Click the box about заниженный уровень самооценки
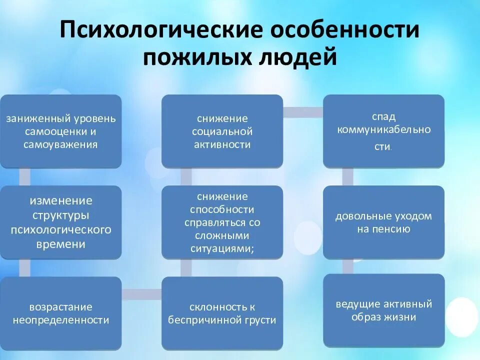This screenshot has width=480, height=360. [x=61, y=131]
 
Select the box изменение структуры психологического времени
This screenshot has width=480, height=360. [x=61, y=222]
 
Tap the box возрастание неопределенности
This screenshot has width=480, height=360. [x=61, y=313]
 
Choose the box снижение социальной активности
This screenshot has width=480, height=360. [x=222, y=131]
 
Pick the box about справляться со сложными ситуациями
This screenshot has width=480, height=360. [x=222, y=222]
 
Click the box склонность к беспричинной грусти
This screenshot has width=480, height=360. [x=222, y=313]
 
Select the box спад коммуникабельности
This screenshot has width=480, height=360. [x=383, y=131]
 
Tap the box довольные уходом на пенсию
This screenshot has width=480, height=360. [x=383, y=222]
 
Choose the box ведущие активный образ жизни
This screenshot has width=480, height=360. [x=383, y=310]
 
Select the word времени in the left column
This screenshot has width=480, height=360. [x=60, y=244]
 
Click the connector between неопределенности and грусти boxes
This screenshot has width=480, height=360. [x=141, y=294]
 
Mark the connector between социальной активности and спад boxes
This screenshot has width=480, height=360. [x=303, y=112]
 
